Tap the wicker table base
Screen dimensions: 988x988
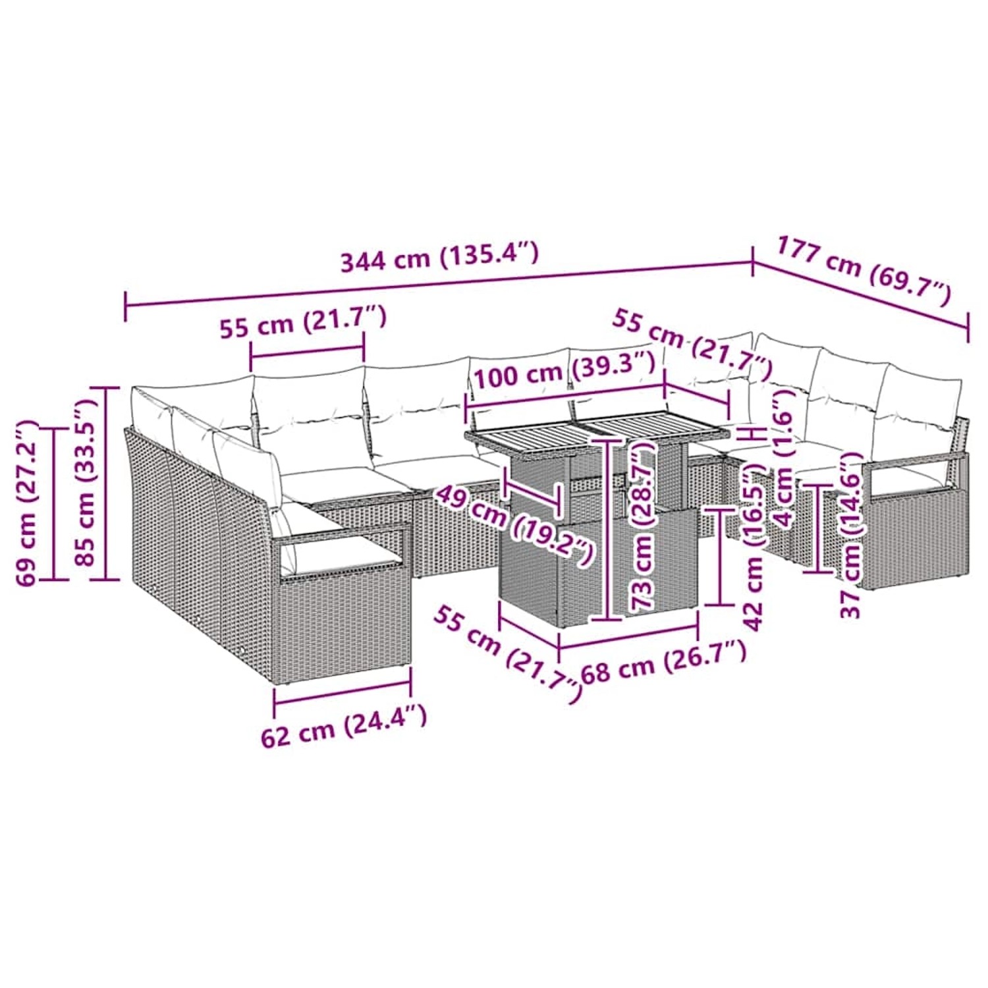(x=596, y=566)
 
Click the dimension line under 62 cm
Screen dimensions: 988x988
(x=342, y=692)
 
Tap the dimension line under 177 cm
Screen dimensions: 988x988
(x=860, y=297)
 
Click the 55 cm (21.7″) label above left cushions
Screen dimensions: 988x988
(x=302, y=323)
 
